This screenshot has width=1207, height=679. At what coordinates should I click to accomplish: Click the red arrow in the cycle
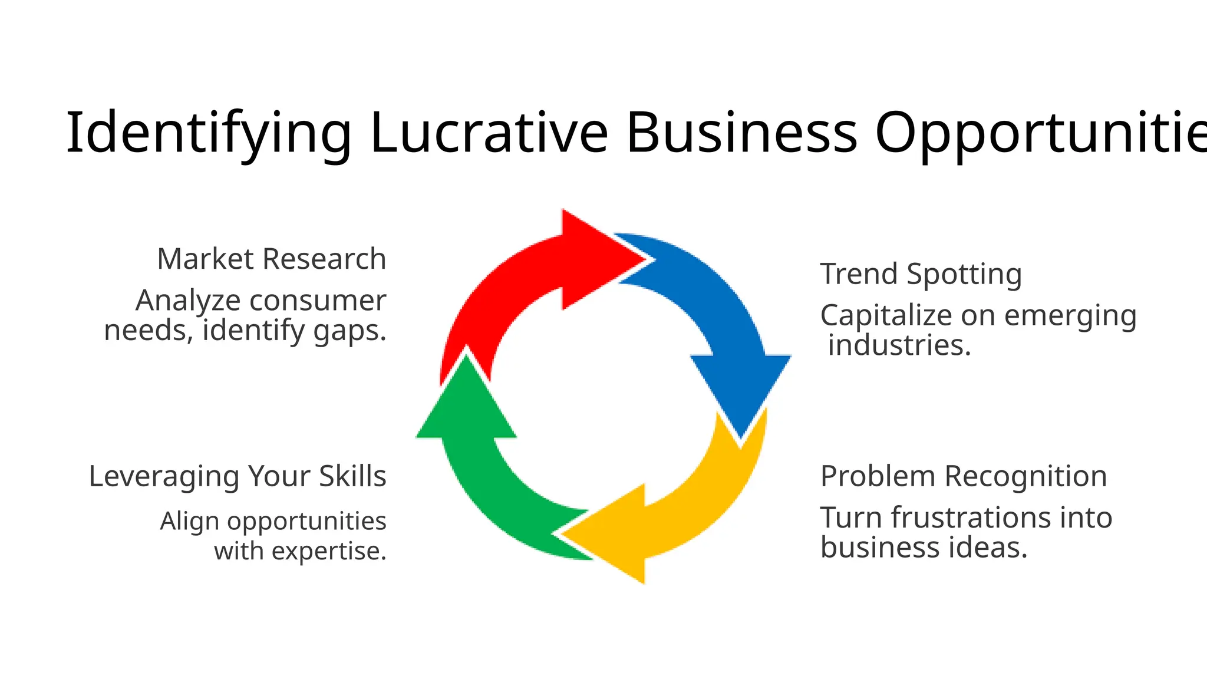tap(530, 277)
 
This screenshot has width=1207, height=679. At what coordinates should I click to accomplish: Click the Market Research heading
tap(271, 259)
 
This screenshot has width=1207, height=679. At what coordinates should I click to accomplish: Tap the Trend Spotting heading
tap(921, 274)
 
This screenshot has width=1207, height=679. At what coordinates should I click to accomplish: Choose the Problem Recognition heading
tap(964, 476)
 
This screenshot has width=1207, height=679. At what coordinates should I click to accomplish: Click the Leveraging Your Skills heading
tap(237, 476)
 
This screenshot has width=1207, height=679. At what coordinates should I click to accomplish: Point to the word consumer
tap(318, 301)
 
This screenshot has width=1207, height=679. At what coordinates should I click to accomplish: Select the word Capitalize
tap(886, 316)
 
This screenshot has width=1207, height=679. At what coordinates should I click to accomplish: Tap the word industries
tap(899, 345)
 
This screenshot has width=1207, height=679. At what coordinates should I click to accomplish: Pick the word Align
tap(190, 522)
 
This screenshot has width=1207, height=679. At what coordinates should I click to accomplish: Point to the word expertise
tap(329, 552)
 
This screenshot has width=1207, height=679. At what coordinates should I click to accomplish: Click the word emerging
tap(1070, 316)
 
